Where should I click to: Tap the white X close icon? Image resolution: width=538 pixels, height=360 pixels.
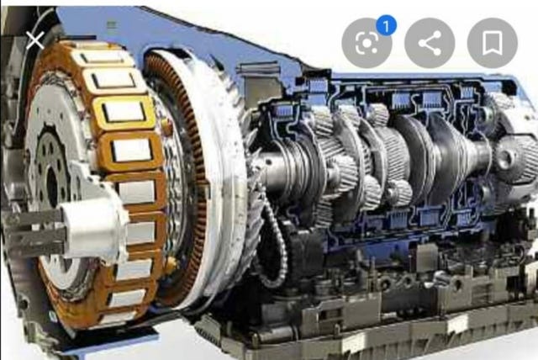pos(35,40)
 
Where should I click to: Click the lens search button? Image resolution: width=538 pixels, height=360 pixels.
pos(367,43)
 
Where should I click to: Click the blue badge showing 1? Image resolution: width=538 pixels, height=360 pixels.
pos(387,26)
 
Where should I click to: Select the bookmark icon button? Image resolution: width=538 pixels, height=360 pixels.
pos(493,43)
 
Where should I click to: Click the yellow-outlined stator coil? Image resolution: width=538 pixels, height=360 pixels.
pos(124,112)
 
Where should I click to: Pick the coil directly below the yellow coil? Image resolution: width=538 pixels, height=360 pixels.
pos(132,151)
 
